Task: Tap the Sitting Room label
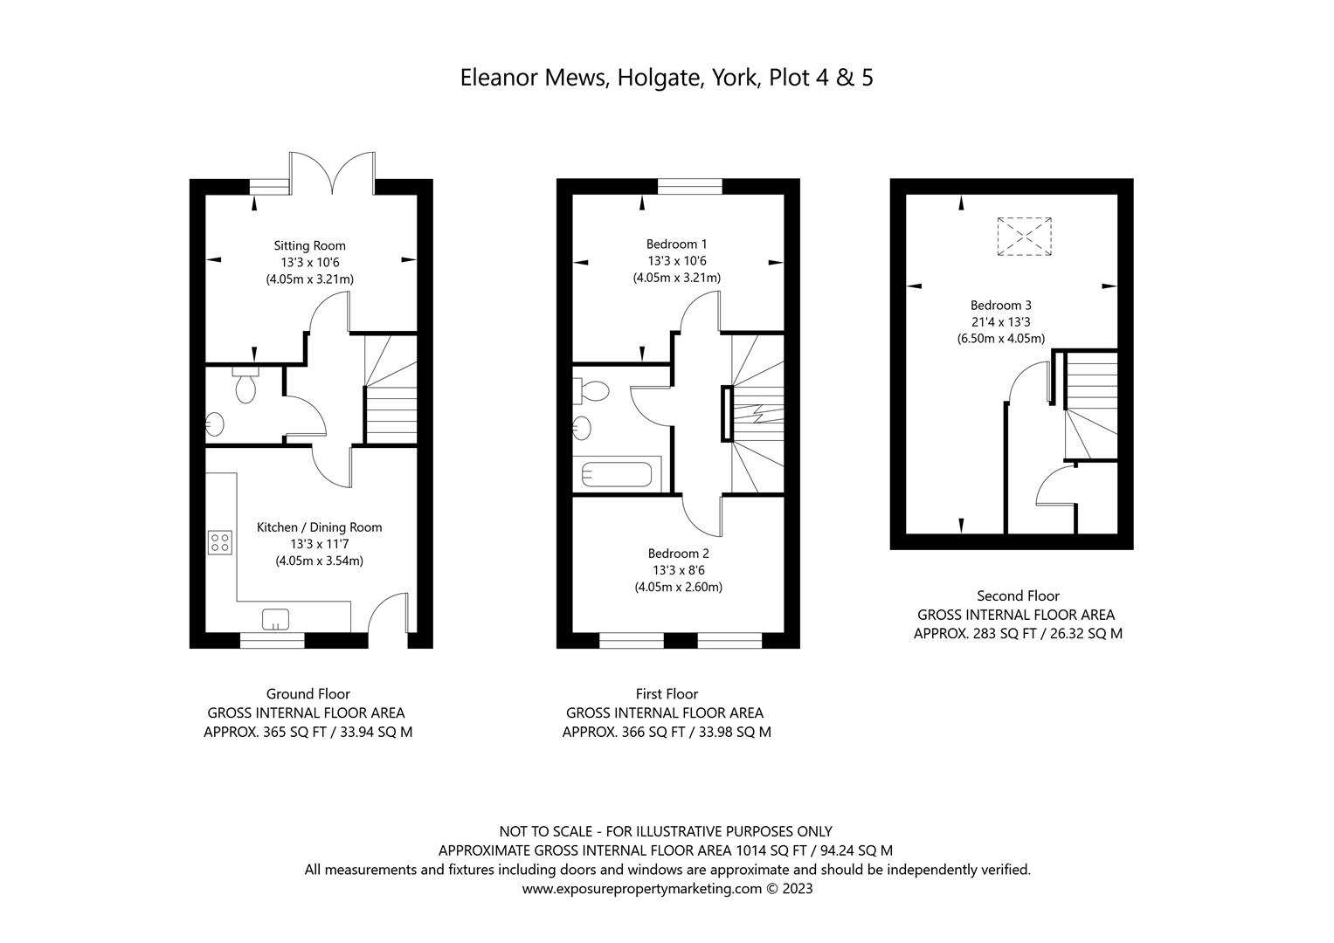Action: (309, 245)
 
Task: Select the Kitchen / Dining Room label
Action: (319, 527)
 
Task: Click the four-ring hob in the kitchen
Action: (220, 542)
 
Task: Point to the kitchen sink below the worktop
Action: (277, 619)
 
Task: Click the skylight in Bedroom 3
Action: (1024, 237)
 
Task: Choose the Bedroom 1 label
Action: (677, 244)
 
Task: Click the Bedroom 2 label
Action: (678, 553)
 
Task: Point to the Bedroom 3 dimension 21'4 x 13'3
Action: (1000, 322)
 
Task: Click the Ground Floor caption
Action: (308, 694)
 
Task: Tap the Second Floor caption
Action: (1018, 595)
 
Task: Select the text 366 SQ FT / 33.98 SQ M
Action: (667, 733)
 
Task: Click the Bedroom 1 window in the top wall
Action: (689, 185)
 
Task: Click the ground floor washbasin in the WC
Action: (214, 425)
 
